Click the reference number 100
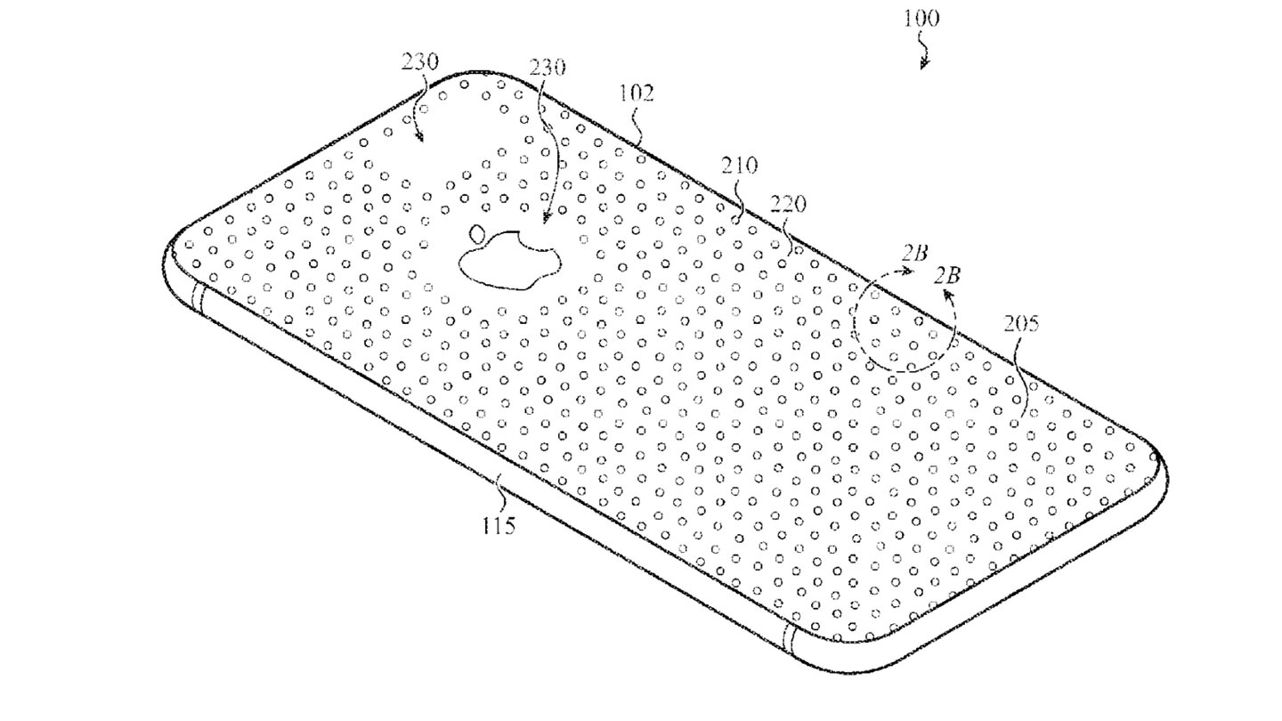(x=919, y=19)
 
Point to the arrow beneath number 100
(x=923, y=56)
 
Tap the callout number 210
(x=740, y=165)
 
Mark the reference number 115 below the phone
(x=499, y=525)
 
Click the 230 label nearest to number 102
(x=548, y=67)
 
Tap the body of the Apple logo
(x=509, y=263)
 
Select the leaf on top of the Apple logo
(x=477, y=235)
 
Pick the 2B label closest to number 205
(x=947, y=275)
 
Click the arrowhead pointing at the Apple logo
(x=545, y=220)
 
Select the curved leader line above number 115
(x=500, y=490)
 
